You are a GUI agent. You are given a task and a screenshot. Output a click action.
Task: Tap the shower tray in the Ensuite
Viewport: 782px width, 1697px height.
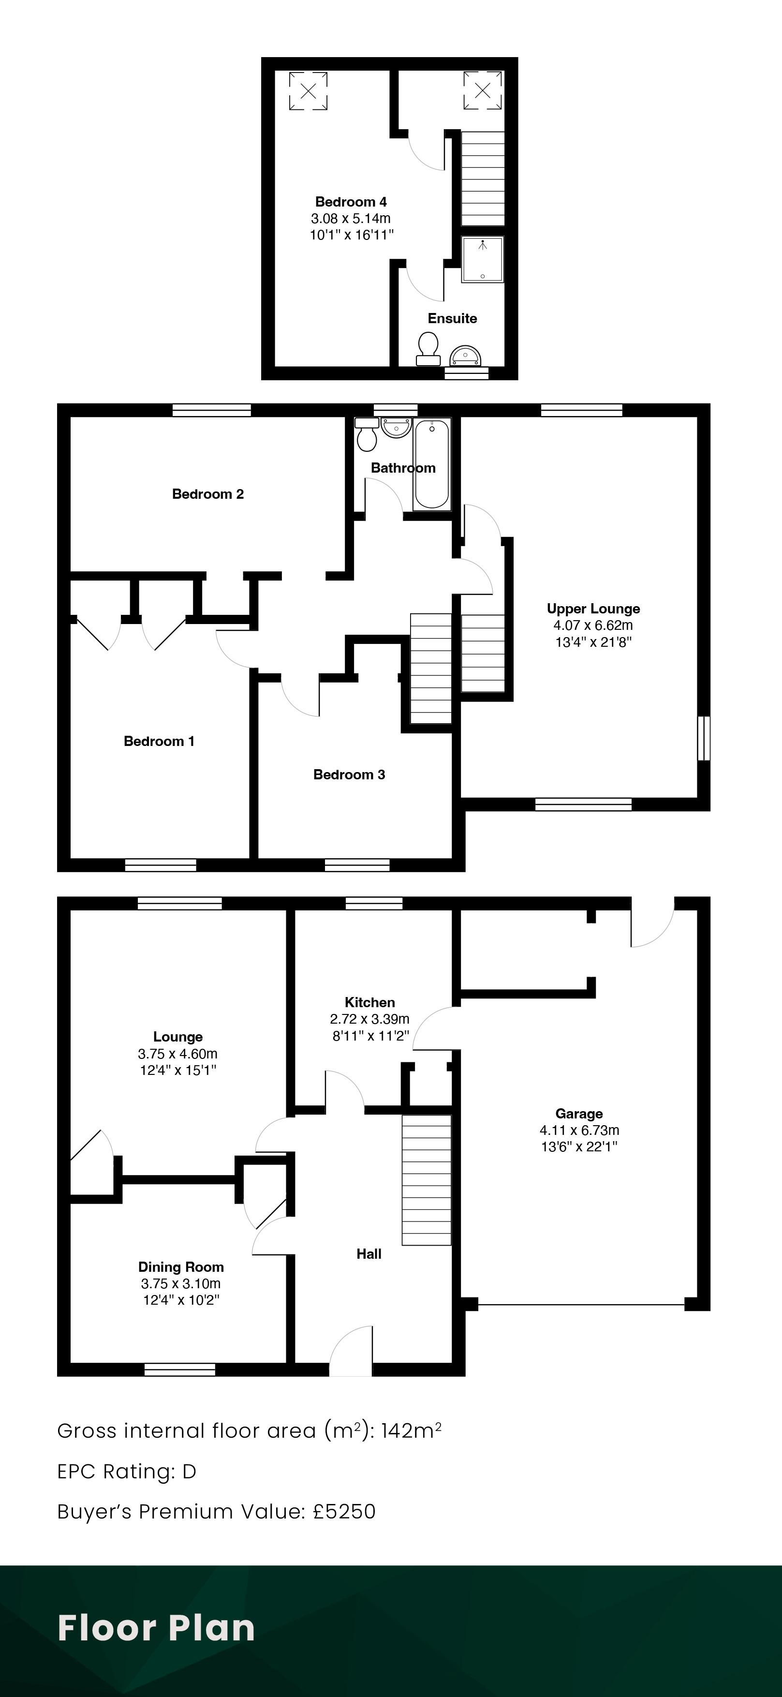tap(482, 259)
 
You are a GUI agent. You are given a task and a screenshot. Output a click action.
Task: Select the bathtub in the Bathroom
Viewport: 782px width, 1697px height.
tap(432, 464)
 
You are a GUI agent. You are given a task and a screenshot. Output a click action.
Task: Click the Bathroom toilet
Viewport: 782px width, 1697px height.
tap(366, 433)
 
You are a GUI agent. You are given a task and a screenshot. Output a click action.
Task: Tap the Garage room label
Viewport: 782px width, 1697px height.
tap(579, 1113)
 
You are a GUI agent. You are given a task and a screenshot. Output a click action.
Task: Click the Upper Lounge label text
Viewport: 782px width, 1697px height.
tap(593, 609)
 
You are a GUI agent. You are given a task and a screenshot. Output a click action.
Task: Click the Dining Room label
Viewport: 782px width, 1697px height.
tap(181, 1267)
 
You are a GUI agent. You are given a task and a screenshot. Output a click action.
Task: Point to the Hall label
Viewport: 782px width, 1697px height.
tap(369, 1254)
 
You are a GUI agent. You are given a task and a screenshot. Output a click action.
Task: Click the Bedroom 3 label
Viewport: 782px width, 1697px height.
tap(349, 774)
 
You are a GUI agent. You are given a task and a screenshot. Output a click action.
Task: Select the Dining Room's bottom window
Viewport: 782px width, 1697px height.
tap(180, 1370)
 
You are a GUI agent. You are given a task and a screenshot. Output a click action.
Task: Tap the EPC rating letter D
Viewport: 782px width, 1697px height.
tap(189, 1471)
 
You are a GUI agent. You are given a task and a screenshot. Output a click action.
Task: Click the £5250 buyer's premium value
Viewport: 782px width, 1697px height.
tap(344, 1511)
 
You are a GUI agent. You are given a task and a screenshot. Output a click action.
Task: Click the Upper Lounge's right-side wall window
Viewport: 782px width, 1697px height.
tap(704, 738)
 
